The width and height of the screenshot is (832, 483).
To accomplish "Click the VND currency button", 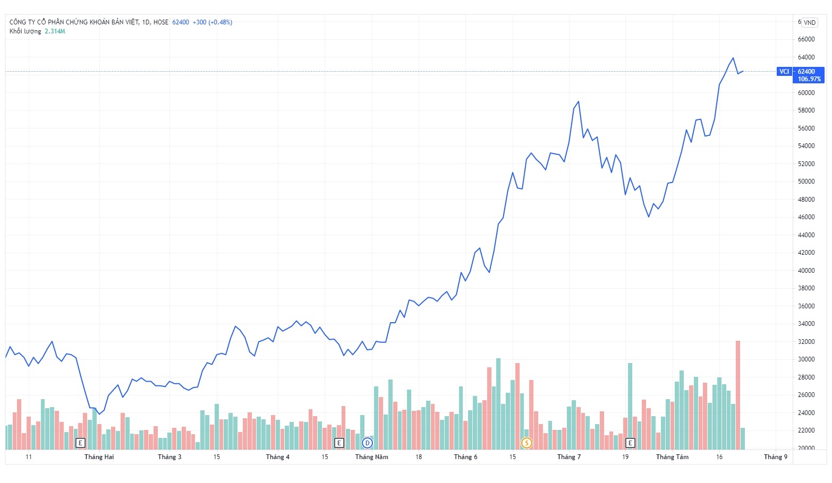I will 809,22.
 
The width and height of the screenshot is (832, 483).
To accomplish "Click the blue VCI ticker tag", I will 784,72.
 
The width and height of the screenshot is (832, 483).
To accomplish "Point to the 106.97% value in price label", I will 809,79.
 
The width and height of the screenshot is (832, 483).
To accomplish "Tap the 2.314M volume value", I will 55,31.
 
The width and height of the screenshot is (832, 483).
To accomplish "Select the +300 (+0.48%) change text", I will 212,22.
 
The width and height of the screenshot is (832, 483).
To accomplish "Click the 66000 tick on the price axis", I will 806,39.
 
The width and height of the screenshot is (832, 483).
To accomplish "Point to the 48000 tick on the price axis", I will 806,200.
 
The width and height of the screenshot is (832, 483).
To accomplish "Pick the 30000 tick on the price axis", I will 806,359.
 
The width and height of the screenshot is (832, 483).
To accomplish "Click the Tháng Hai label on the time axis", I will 99,457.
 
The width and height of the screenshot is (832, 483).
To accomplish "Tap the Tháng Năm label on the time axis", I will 371,457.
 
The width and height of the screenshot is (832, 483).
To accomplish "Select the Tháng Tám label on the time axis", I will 672,457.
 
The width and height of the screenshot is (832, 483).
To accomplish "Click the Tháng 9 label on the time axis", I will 776,457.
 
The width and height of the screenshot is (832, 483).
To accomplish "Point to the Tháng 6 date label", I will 465,457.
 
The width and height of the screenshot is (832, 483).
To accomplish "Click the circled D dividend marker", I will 367,443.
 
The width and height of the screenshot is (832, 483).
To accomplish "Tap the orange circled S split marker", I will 527,443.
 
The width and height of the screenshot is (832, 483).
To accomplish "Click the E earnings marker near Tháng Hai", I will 80,443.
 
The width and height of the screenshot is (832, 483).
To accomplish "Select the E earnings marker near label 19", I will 630,443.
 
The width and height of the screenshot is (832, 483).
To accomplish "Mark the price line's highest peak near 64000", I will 733,58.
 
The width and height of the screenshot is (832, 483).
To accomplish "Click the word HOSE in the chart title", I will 161,22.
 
